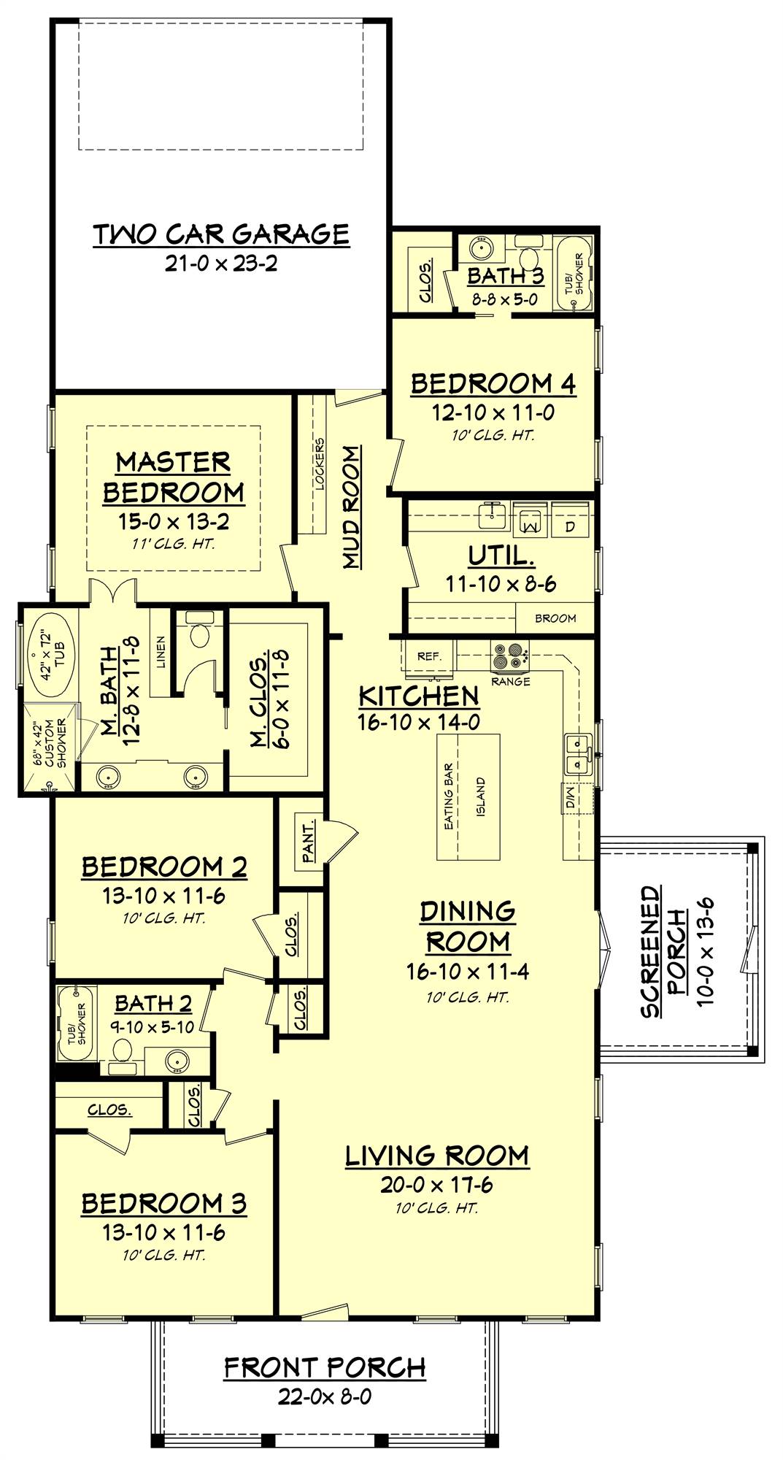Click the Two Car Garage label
[x=221, y=234]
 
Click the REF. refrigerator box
[x=429, y=656]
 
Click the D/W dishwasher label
[x=570, y=796]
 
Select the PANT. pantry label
[x=309, y=840]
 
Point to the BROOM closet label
[x=555, y=618]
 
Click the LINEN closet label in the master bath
[x=161, y=652]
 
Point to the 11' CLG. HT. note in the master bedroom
[x=173, y=544]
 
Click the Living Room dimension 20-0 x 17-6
[x=436, y=1185]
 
